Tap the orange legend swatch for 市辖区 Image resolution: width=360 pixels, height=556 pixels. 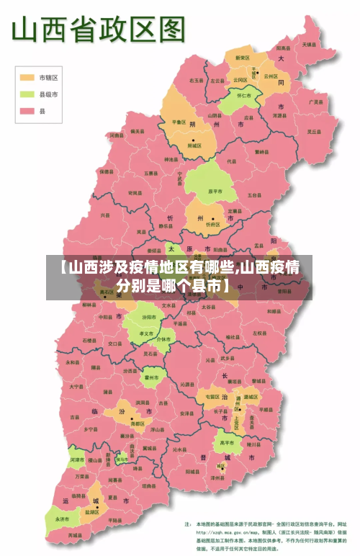(27, 77)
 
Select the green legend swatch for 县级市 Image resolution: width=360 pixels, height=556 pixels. (27, 94)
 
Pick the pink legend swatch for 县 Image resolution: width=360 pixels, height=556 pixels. (27, 111)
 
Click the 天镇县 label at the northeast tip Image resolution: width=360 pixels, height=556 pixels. (308, 45)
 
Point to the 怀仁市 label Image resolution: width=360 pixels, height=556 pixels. (244, 94)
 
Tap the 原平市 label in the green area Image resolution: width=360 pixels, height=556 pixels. (213, 192)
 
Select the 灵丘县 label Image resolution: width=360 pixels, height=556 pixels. (314, 132)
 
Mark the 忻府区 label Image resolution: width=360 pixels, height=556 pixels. (212, 224)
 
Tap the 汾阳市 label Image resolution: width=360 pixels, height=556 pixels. (149, 317)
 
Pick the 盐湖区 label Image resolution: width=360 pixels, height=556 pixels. (91, 511)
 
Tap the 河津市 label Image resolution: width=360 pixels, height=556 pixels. (76, 459)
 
